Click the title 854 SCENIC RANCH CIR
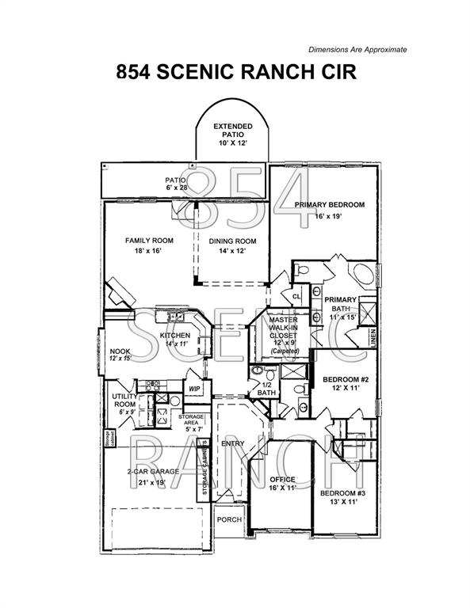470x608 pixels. pos(235,72)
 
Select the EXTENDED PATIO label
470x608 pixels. pos(233,131)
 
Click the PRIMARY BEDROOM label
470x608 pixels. pos(329,205)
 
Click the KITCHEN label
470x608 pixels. pos(174,336)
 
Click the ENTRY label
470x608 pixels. pos(232,443)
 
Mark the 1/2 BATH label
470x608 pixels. pos(267,389)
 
